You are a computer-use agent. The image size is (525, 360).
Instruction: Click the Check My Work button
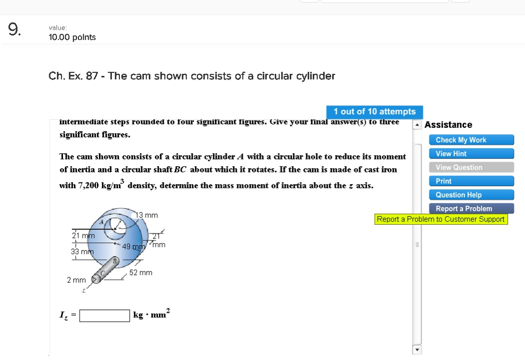click(471, 140)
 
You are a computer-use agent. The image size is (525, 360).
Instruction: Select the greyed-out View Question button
click(471, 167)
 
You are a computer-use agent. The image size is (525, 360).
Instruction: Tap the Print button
click(471, 181)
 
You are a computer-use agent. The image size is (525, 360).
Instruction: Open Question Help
click(471, 195)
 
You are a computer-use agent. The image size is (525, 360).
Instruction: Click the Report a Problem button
click(471, 209)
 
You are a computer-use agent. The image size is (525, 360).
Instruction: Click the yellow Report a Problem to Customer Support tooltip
click(441, 219)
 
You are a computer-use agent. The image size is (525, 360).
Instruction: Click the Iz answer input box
click(105, 315)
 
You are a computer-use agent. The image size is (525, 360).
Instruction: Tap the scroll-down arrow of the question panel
click(417, 350)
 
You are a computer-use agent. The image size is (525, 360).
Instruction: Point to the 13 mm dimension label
click(147, 215)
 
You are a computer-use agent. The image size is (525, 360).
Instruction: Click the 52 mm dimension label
click(140, 273)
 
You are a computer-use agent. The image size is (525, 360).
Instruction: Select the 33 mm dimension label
click(82, 252)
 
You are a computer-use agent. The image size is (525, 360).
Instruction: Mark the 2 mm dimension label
click(76, 280)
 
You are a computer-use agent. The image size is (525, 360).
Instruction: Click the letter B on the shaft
click(115, 261)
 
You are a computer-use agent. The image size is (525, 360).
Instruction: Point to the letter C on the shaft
click(103, 273)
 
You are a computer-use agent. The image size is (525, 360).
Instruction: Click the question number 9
click(14, 30)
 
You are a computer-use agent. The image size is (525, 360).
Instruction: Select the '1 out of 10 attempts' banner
click(374, 112)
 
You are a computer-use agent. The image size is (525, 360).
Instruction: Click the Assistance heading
click(449, 125)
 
